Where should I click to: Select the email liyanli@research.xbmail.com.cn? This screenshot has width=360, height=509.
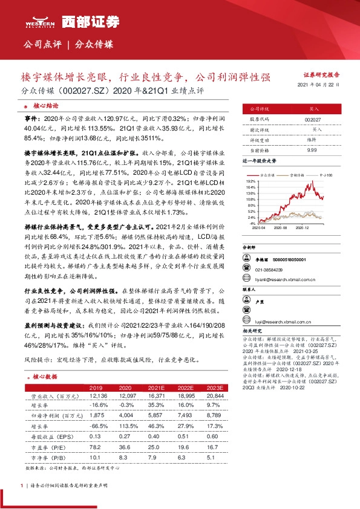(x=286, y=280)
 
